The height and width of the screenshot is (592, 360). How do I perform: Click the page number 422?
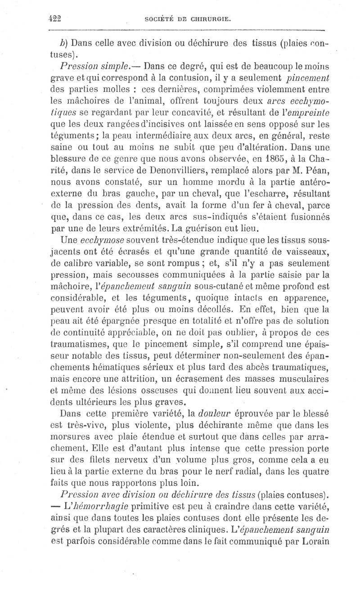coord(54,18)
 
